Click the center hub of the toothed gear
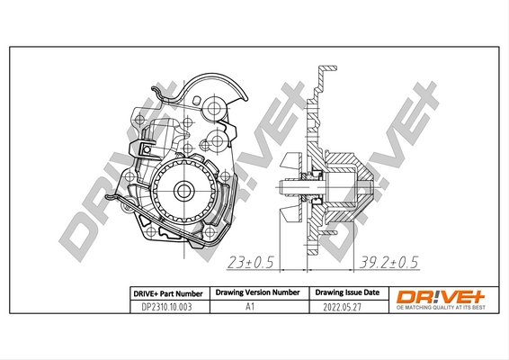(x=183, y=190)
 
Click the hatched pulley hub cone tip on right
(x=369, y=189)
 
